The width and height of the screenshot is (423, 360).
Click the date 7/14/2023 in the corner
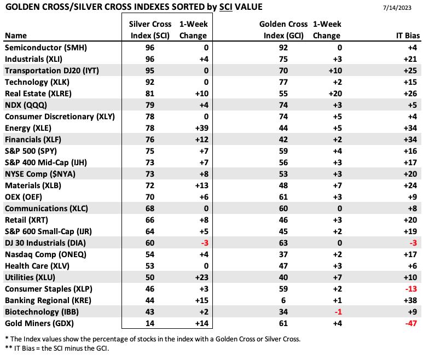tap(397, 8)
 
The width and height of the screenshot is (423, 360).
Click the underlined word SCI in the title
tap(225, 7)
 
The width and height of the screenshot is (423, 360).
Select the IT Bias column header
tap(408, 36)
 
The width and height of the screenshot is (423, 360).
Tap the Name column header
tap(16, 36)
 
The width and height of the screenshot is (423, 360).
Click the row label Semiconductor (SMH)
tap(46, 48)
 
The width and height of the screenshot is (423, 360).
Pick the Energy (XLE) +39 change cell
tap(202, 128)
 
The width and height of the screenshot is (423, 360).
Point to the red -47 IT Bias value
tap(411, 323)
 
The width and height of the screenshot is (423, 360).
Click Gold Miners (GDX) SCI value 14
tap(150, 323)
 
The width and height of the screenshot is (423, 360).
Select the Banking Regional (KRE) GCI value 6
tap(283, 300)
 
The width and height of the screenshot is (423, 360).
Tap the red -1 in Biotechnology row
tap(338, 312)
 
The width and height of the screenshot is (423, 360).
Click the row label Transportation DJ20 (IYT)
tap(52, 71)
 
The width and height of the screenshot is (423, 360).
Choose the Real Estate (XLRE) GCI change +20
tap(335, 94)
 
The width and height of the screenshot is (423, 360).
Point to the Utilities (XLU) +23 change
tap(202, 277)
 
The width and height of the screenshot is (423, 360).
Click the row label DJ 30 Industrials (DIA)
tap(45, 243)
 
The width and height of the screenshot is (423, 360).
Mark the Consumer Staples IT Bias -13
tap(411, 289)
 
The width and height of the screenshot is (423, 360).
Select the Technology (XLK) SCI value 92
tap(150, 82)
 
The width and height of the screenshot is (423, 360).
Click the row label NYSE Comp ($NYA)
tap(40, 174)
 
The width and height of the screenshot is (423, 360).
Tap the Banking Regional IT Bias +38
tap(410, 300)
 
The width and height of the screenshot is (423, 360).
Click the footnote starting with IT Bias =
tap(57, 349)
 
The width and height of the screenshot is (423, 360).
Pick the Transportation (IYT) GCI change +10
tap(335, 71)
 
